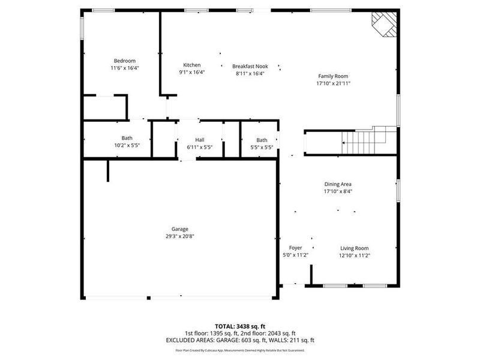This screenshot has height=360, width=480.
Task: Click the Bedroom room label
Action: click(x=125, y=61)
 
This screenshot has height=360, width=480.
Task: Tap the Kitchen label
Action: click(x=192, y=65)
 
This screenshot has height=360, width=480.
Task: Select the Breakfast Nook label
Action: click(x=250, y=66)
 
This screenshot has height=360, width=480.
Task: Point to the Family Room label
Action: click(x=333, y=76)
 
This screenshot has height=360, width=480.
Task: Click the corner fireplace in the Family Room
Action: click(x=383, y=24)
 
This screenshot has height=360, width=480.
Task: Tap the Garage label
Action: click(x=180, y=229)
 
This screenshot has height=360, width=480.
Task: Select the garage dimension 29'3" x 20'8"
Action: click(x=180, y=236)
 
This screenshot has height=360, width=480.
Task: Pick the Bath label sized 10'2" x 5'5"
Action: click(x=127, y=138)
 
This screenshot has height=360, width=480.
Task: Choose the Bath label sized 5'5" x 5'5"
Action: click(x=262, y=140)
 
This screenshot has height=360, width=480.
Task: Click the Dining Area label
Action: click(x=338, y=184)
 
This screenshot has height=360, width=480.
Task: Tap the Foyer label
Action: click(x=295, y=248)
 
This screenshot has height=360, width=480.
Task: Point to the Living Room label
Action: click(x=355, y=248)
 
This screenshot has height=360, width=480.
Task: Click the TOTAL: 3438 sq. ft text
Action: click(x=239, y=326)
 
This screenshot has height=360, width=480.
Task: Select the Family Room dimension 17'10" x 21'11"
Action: click(x=333, y=83)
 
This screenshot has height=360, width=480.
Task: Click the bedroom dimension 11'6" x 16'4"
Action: click(x=125, y=68)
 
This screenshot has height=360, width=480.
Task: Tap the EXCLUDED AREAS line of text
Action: click(x=239, y=340)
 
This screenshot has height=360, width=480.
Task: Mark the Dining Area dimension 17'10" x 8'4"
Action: click(x=338, y=192)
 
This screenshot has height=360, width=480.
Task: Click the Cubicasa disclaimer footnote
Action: click(x=239, y=350)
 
